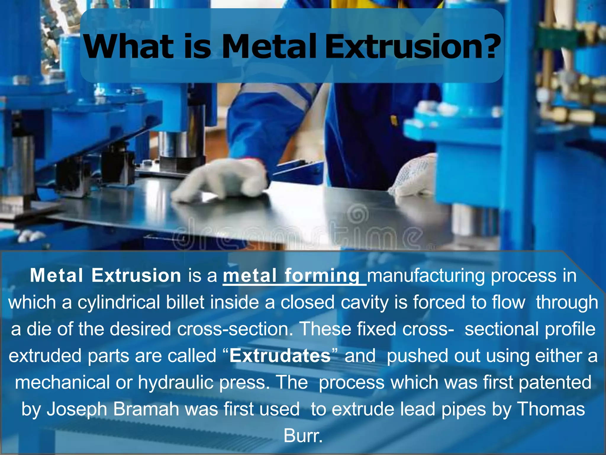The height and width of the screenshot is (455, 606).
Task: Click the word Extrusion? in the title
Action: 413,47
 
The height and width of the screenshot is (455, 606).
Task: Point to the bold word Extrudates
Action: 280,356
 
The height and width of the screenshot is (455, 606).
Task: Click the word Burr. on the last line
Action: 303,436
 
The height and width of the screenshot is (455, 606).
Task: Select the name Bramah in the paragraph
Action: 146,409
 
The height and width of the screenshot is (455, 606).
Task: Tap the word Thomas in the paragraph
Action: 551,409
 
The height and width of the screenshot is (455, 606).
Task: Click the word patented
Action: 555,382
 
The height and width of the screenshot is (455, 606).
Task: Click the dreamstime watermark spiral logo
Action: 359,215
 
